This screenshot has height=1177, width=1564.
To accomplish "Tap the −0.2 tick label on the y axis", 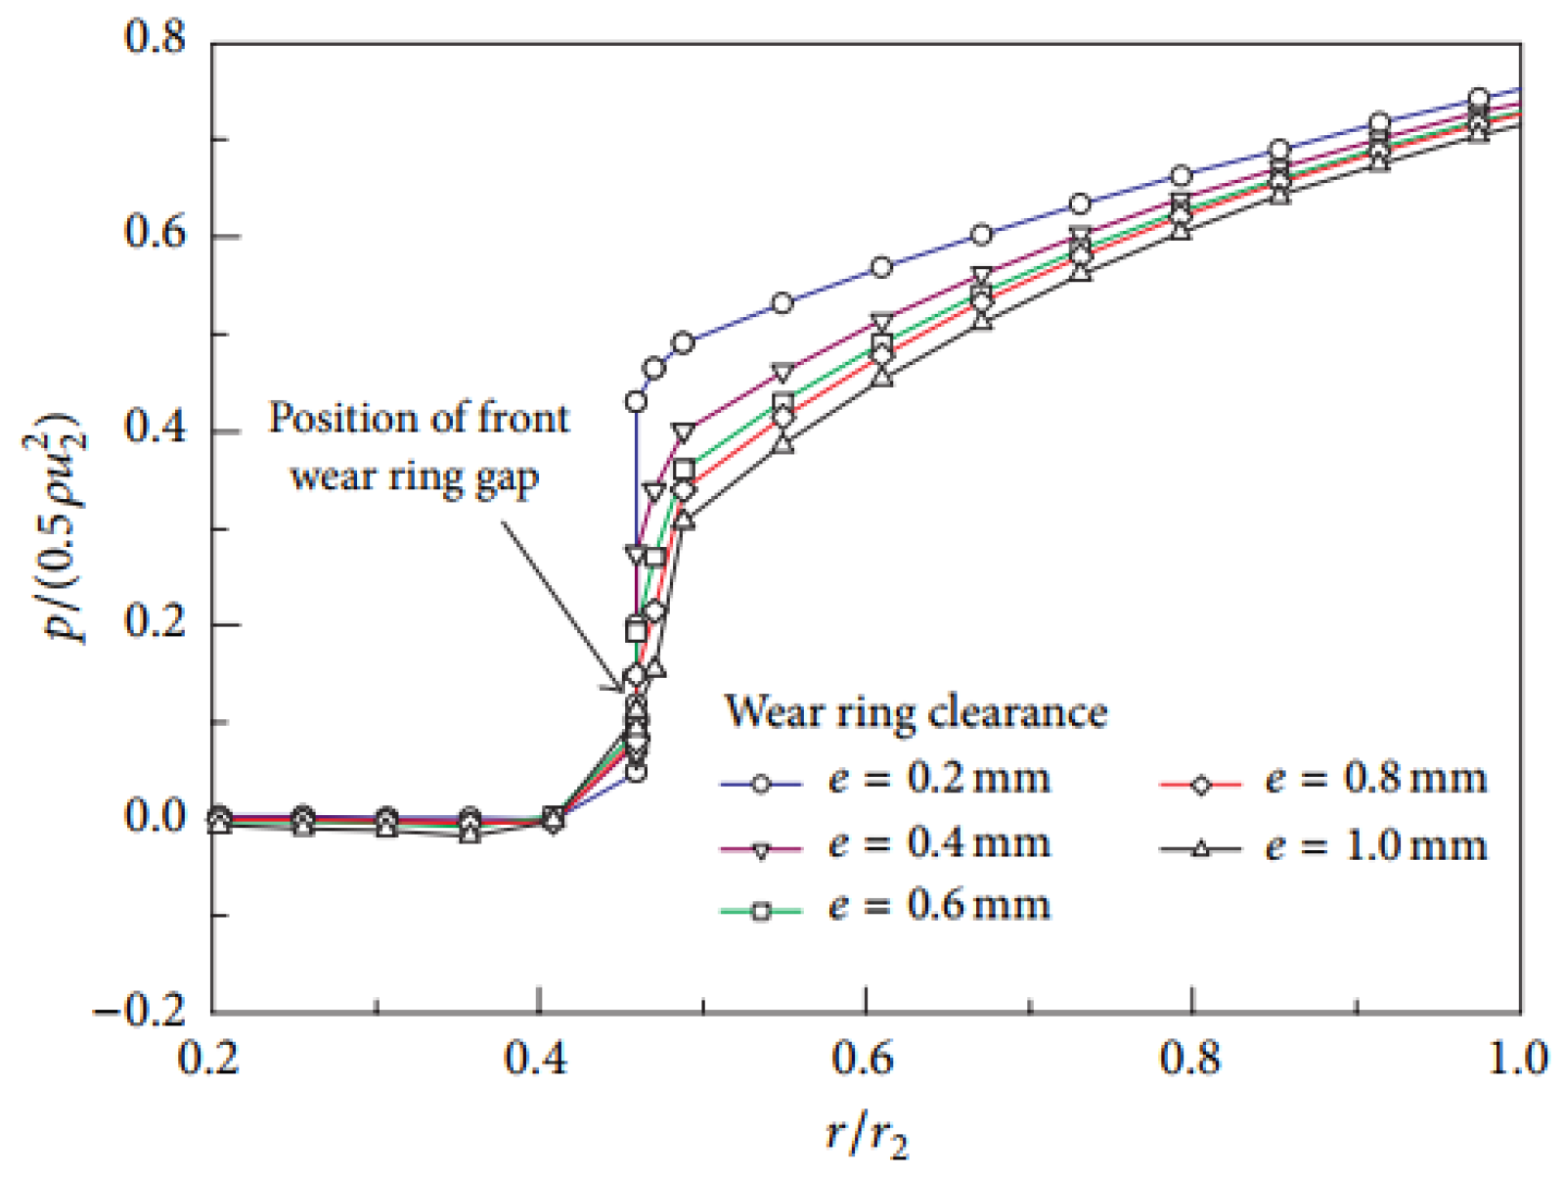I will (140, 1009).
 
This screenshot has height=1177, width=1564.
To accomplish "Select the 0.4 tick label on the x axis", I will (537, 1059).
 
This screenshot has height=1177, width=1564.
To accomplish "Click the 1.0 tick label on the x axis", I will (1517, 1059).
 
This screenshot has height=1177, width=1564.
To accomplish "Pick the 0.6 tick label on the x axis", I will (865, 1059).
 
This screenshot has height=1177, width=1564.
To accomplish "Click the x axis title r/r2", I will (867, 1135).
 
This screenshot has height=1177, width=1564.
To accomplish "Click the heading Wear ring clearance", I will (916, 712).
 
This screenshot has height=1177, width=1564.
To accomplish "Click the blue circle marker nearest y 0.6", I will (982, 235).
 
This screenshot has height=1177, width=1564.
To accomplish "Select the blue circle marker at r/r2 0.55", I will (782, 303).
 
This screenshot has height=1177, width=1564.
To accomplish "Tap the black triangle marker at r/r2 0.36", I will (471, 835).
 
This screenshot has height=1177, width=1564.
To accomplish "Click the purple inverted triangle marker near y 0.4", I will (684, 431).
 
